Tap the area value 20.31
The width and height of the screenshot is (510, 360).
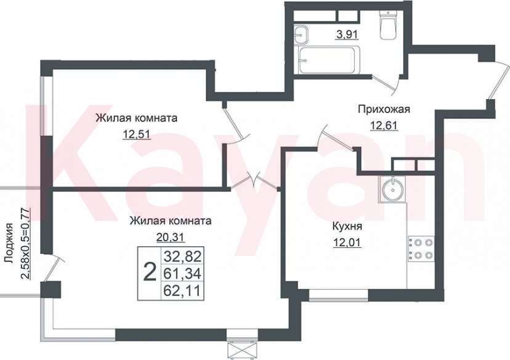click(171, 236)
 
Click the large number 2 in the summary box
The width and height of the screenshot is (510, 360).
click(148, 271)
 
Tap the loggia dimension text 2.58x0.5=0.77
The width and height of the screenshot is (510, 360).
click(25, 244)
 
